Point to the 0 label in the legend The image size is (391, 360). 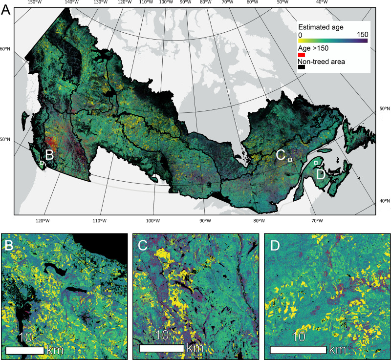(x=300, y=35)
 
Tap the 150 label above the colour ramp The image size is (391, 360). (x=362, y=35)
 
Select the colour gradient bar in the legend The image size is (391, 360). (x=332, y=41)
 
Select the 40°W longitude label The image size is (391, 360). (x=322, y=2)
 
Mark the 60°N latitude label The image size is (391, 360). (x=5, y=49)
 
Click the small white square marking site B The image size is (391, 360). (x=42, y=163)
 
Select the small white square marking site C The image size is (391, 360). (x=290, y=160)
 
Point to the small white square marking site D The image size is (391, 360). (x=316, y=163)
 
